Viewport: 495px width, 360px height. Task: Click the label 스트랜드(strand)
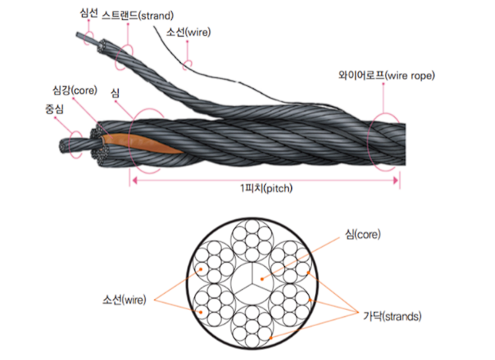pos(138,15)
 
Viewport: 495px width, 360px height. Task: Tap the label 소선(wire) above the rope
pos(189,32)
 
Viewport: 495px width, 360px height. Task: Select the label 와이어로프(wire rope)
pos(387,76)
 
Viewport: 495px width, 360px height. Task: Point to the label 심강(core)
pos(75,90)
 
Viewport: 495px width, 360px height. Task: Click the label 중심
pos(54,109)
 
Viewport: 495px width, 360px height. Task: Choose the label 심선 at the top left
pos(88,14)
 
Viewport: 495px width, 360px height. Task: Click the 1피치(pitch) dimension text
pos(266,189)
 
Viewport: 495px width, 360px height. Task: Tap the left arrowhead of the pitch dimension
pos(134,181)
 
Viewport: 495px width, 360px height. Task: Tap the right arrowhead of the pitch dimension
pos(396,181)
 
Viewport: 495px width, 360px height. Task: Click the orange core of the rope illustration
pos(142,144)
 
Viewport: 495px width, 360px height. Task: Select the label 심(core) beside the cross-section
pos(363,234)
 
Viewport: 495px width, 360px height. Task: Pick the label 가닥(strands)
pos(392,316)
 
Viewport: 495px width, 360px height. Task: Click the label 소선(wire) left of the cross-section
pos(124,299)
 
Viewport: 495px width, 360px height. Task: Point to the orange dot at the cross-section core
pos(262,279)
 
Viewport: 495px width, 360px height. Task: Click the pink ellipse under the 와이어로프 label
pos(368,143)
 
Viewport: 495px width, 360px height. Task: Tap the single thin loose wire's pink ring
pos(184,65)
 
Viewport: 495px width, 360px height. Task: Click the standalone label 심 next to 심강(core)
pos(115,93)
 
